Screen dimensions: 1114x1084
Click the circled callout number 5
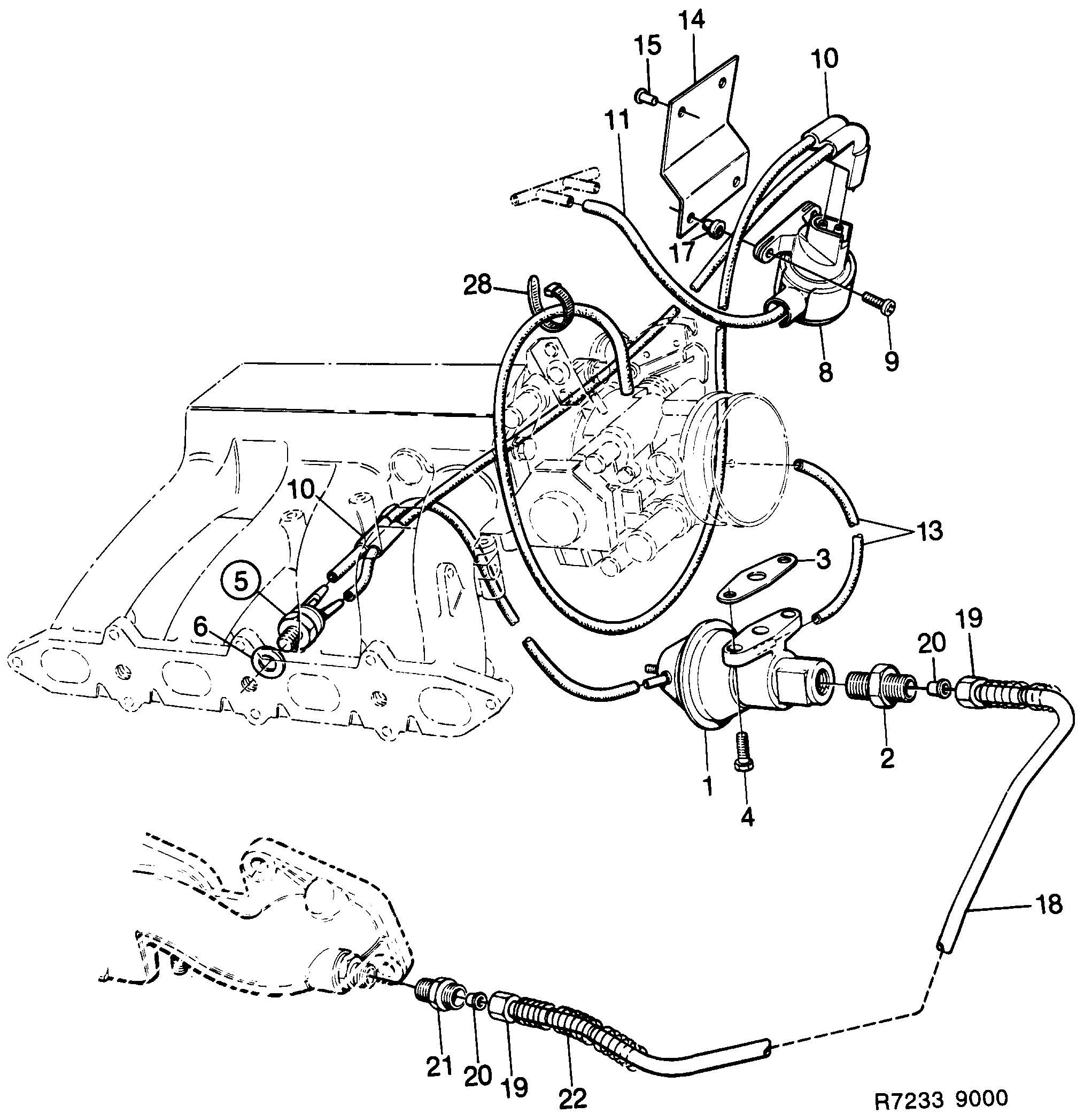[x=241, y=582]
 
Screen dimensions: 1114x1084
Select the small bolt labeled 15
[x=645, y=96]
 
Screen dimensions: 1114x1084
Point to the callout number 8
[x=825, y=372]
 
